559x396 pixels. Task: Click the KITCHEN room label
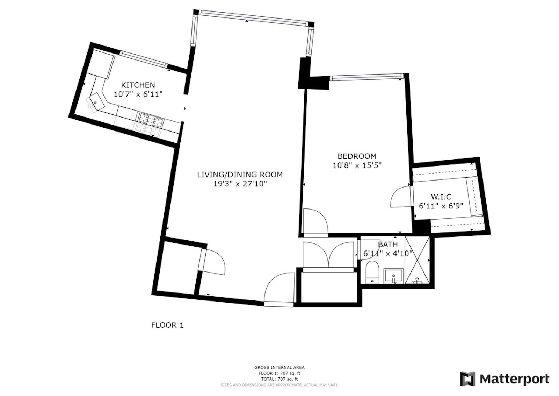[x=138, y=85]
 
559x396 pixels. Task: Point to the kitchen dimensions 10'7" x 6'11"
[x=138, y=94]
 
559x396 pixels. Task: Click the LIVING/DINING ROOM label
[x=240, y=175]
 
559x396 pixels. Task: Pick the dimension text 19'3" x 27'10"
[x=240, y=184]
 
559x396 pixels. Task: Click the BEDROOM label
[x=357, y=156]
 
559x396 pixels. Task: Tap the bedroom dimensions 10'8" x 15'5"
[x=357, y=165]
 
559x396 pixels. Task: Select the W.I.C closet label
[x=441, y=197]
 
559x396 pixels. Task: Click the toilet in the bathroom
[x=372, y=272]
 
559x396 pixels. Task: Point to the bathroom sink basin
[x=393, y=276]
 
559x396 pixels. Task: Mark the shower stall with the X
[x=417, y=260]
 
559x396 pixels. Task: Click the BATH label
[x=388, y=244]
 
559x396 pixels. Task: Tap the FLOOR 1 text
[x=167, y=325]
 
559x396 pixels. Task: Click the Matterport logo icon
[x=468, y=379]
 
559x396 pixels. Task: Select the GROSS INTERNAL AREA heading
[x=279, y=367]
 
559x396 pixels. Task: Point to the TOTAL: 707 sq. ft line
[x=279, y=379]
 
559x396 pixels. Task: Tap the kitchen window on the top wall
[x=144, y=59]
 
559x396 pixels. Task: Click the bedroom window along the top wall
[x=366, y=77]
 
